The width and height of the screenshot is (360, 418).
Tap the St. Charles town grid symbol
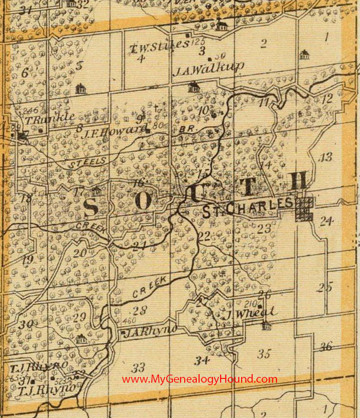pos(304,209)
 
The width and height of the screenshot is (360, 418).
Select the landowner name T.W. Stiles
pos(159,46)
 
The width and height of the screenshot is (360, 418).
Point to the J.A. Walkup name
pos(209,68)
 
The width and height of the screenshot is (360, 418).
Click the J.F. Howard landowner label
pos(113,130)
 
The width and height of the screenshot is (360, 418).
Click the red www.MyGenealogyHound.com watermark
pos(200,379)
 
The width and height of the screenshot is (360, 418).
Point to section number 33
pos(138,367)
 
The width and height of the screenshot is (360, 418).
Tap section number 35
pos(264,354)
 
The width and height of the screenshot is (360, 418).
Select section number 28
pos(140,311)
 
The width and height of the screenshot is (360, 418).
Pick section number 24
pos(327,221)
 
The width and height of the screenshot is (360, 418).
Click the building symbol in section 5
pos(80,88)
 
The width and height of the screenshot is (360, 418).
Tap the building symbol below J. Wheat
pos(266,326)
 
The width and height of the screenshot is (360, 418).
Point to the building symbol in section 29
pos(81,339)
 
